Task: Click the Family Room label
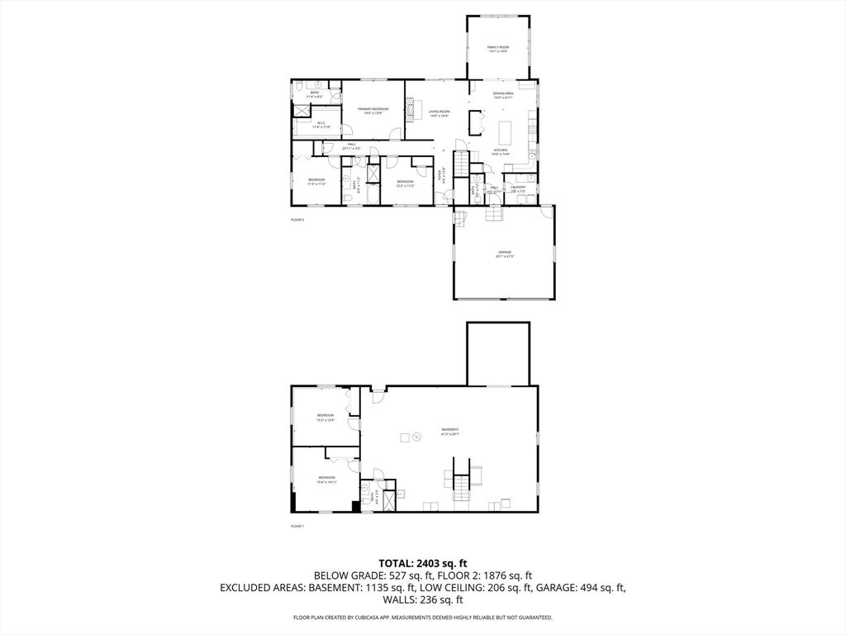point(497,49)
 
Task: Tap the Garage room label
point(505,254)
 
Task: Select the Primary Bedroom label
point(373,111)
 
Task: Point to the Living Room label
point(439,113)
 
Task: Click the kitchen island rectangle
point(506,130)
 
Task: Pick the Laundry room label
point(518,189)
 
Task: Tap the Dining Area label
point(503,96)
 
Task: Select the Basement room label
point(449,432)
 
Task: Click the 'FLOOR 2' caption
point(297,220)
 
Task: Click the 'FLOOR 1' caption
point(297,527)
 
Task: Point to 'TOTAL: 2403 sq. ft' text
point(422,563)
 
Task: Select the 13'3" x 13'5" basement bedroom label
point(326,418)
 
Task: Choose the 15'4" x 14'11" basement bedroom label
point(327,480)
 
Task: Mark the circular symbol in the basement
point(417,437)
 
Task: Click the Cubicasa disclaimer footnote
point(422,618)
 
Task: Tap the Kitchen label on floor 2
point(501,152)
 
